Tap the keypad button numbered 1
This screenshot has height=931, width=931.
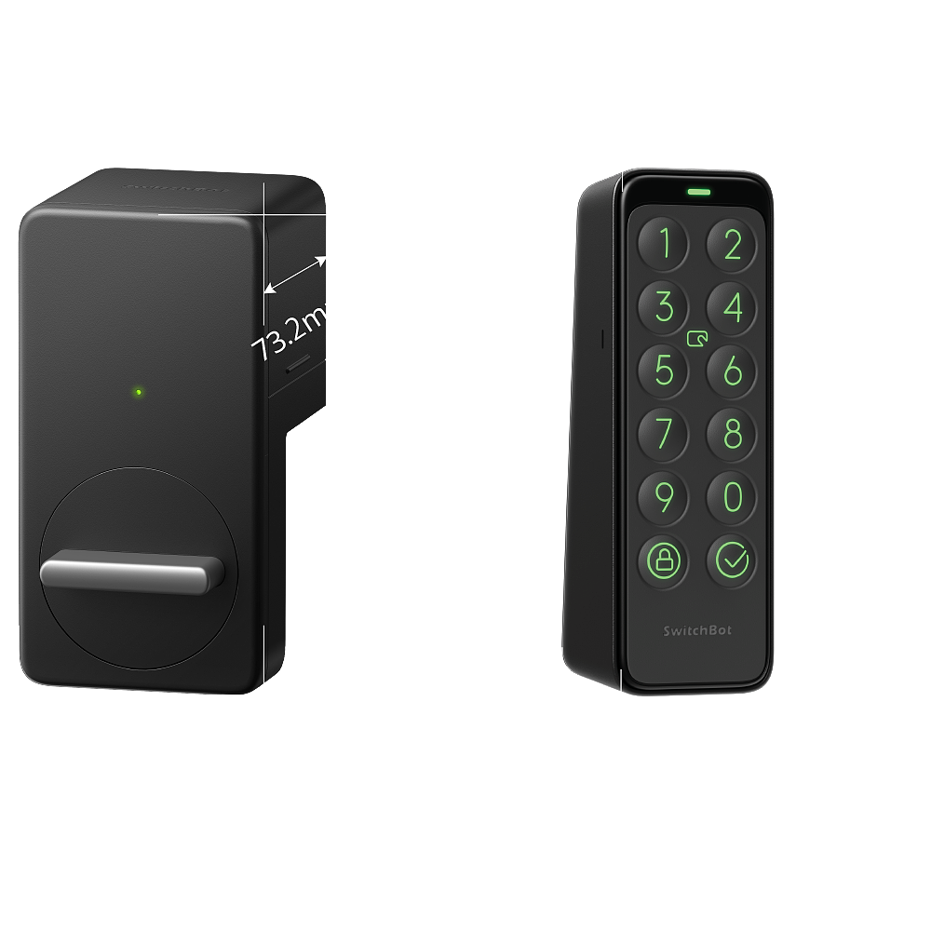[x=664, y=245]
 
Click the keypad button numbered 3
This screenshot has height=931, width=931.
[x=664, y=307]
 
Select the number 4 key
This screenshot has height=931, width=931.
[x=733, y=307]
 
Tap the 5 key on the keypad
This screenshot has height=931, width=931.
[x=664, y=370]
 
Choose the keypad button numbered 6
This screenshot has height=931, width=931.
[x=733, y=370]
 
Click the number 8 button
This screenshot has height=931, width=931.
[x=733, y=433]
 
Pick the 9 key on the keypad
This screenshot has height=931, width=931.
[x=664, y=495]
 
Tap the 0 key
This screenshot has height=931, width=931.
[x=733, y=495]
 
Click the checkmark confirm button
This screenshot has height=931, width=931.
[x=733, y=560]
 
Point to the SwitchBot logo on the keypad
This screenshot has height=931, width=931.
[x=698, y=630]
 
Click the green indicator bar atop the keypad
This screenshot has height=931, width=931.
[x=698, y=194]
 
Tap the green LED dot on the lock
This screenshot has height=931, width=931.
[x=138, y=392]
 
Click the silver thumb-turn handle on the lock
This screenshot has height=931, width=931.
[x=130, y=572]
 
